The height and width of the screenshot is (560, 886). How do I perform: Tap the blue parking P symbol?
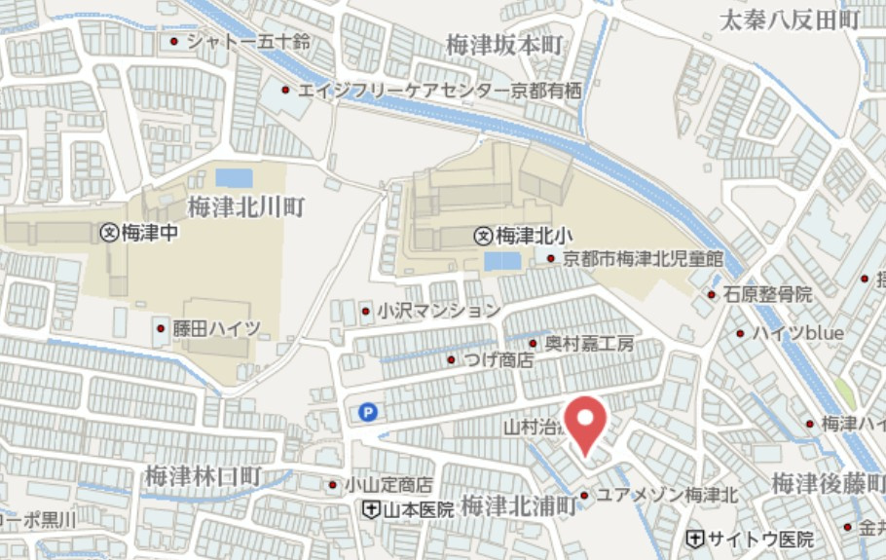367,413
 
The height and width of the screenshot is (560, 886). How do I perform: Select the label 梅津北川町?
246,206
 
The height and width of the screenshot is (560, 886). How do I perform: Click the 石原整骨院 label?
767,293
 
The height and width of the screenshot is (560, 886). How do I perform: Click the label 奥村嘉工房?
589,343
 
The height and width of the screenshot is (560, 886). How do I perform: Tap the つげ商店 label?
498,359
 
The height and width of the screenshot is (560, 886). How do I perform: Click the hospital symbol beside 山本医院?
371,509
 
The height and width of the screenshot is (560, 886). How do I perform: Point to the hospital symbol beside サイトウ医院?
695,539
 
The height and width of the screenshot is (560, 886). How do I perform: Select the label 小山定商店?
392,484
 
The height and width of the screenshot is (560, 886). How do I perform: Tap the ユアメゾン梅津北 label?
666,495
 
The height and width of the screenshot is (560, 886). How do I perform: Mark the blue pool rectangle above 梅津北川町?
234,178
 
